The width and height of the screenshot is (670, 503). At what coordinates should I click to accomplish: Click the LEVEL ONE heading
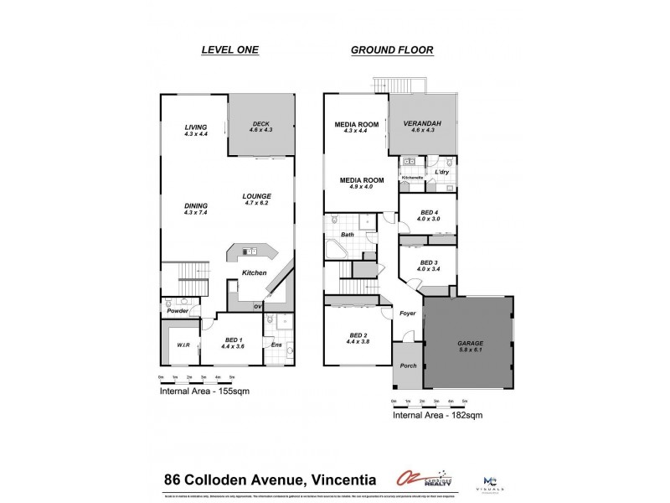[x=229, y=50]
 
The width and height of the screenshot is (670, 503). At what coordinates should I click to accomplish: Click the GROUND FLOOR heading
[x=391, y=50]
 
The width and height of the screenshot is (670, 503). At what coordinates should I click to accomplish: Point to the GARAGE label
[x=469, y=344]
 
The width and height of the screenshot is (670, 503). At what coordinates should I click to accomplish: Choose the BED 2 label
[x=358, y=337]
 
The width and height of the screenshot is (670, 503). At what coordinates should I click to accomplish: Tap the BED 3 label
[x=428, y=262]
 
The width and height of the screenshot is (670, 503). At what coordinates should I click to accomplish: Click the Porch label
[x=408, y=366]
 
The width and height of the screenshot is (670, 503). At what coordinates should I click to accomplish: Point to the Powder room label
[x=177, y=310]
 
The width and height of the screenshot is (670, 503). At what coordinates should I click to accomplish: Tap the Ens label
[x=276, y=345]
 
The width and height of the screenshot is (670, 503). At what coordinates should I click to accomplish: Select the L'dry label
[x=442, y=172]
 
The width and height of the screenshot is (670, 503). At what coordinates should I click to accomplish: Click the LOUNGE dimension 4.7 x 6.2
[x=257, y=202]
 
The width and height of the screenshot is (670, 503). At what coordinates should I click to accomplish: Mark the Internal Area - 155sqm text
[x=204, y=391]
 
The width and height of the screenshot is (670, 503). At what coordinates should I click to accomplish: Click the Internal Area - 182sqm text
[x=437, y=414]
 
